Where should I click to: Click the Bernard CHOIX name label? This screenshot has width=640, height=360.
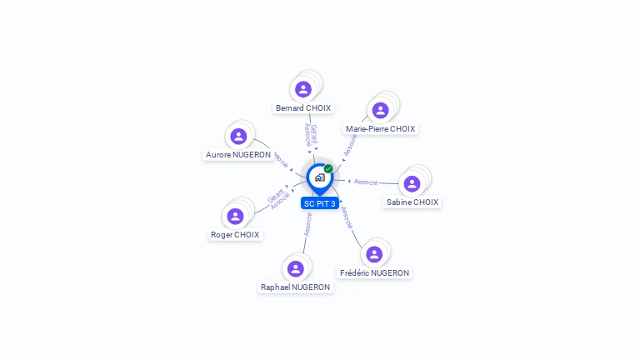(x=303, y=108)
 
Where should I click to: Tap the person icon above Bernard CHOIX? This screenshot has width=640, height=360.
(x=303, y=89)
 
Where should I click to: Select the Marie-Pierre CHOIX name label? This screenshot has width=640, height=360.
(x=380, y=129)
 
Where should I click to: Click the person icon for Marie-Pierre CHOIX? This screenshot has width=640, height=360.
(x=381, y=110)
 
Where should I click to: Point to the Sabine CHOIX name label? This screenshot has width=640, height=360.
(x=412, y=202)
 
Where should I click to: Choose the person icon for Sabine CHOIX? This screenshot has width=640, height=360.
(x=412, y=183)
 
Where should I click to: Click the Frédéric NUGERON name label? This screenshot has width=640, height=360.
(x=374, y=272)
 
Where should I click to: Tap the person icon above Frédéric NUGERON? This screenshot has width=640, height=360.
(x=374, y=254)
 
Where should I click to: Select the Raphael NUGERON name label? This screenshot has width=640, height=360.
(x=295, y=287)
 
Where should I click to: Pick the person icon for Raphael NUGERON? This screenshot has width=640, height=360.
(x=295, y=268)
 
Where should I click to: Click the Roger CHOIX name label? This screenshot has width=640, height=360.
(x=235, y=235)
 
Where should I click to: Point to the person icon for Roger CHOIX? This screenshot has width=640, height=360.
(x=236, y=217)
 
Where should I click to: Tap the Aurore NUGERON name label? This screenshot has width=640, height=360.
(x=238, y=155)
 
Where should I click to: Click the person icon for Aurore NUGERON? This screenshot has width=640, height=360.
(x=238, y=136)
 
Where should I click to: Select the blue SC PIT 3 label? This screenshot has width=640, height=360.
(x=320, y=203)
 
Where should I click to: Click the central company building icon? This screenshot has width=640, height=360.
(x=319, y=177)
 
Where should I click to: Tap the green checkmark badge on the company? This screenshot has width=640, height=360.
(x=328, y=168)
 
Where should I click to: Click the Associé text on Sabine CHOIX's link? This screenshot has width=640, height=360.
(x=366, y=182)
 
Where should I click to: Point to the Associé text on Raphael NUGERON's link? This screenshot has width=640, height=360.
(x=308, y=223)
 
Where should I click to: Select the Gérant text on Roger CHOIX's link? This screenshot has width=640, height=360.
(x=275, y=195)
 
